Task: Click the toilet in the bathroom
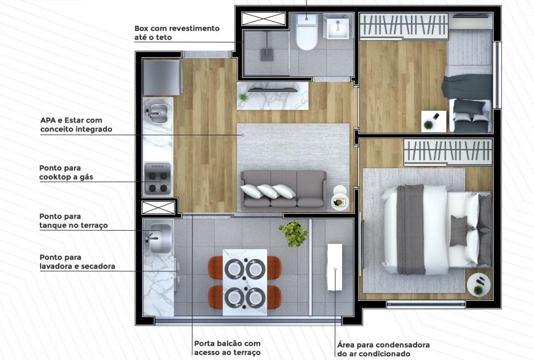pyautogui.click(x=305, y=35)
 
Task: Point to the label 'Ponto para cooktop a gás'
pyautogui.click(x=69, y=172)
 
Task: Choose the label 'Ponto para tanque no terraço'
pyautogui.click(x=73, y=221)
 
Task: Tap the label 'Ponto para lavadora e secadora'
pyautogui.click(x=77, y=262)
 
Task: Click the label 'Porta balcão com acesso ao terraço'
pyautogui.click(x=227, y=348)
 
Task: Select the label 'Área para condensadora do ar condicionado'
pyautogui.click(x=383, y=349)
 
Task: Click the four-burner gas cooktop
pyautogui.click(x=157, y=178)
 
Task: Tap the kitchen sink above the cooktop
pyautogui.click(x=157, y=113)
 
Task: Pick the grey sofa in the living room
pyautogui.click(x=283, y=189)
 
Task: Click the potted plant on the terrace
pyautogui.click(x=293, y=233)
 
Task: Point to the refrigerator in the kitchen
pyautogui.click(x=162, y=77)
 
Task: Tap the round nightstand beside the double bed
pyautogui.click(x=479, y=285)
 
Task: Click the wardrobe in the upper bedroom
pyautogui.click(x=403, y=27)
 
